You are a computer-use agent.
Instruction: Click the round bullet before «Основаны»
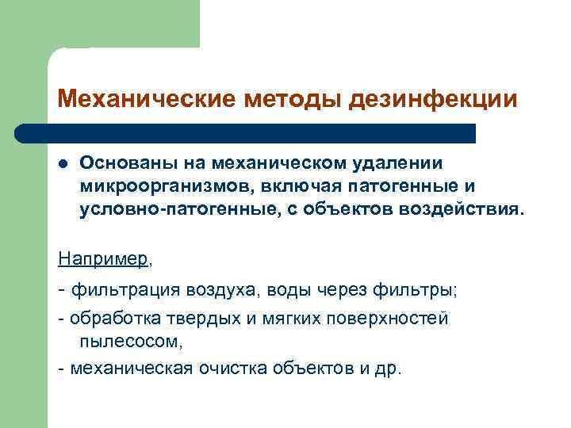[x=63, y=163]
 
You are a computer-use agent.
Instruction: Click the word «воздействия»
[x=475, y=211]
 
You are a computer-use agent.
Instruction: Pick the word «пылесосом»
[x=129, y=342]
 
